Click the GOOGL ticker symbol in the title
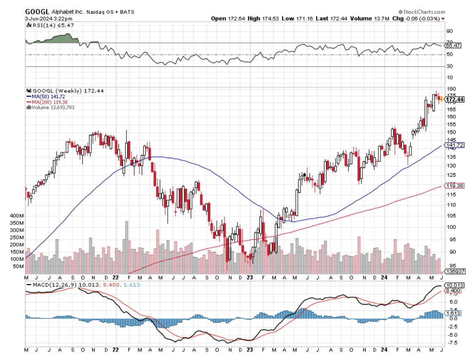tap(36, 12)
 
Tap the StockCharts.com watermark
tap(422, 12)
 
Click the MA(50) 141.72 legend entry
tap(45, 96)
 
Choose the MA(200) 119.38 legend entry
tap(46, 102)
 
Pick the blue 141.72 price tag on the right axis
tap(454, 145)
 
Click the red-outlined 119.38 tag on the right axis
tap(454, 186)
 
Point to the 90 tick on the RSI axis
tap(449, 31)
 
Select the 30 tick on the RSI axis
tap(449, 66)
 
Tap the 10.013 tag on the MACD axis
tap(453, 285)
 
